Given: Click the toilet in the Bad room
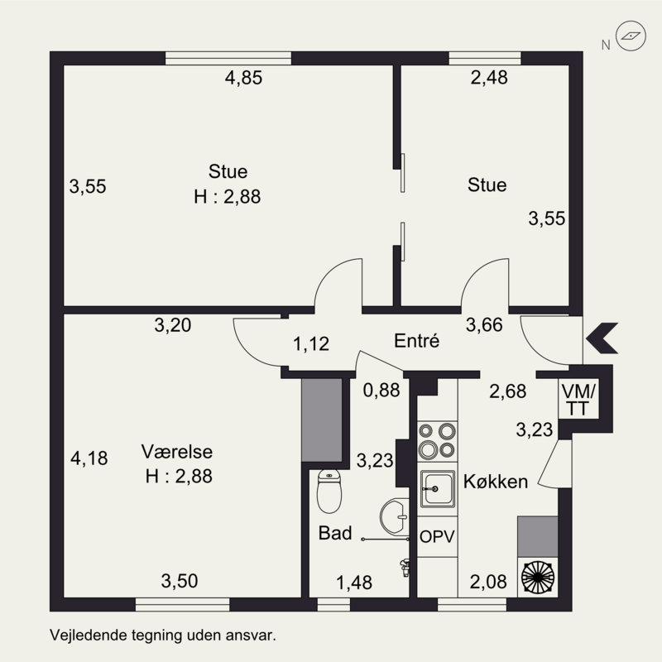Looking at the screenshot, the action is click(329, 492).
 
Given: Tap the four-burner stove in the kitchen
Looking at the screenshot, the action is click(437, 441).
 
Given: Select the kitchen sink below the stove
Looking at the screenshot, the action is click(438, 489).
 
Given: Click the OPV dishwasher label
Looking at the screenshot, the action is click(437, 536).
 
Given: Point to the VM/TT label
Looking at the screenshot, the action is click(578, 400).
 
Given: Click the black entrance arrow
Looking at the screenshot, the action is click(602, 338).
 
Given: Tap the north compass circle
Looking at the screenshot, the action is click(631, 36).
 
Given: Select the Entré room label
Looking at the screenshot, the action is click(416, 341).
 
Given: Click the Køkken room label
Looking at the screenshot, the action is click(496, 482).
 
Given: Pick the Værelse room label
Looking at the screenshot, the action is click(177, 452).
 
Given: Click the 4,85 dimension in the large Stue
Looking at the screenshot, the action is click(243, 78).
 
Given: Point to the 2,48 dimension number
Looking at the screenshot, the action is click(489, 78).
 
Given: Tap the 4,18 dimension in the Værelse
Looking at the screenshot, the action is click(89, 458).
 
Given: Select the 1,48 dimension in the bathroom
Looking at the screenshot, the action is click(354, 583).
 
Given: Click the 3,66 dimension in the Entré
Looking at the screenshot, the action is click(484, 324).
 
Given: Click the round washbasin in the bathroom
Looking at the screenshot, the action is click(395, 516).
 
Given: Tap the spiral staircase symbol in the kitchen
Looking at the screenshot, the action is click(537, 577).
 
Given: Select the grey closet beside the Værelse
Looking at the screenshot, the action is click(322, 420).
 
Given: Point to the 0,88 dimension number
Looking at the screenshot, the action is click(381, 390).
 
